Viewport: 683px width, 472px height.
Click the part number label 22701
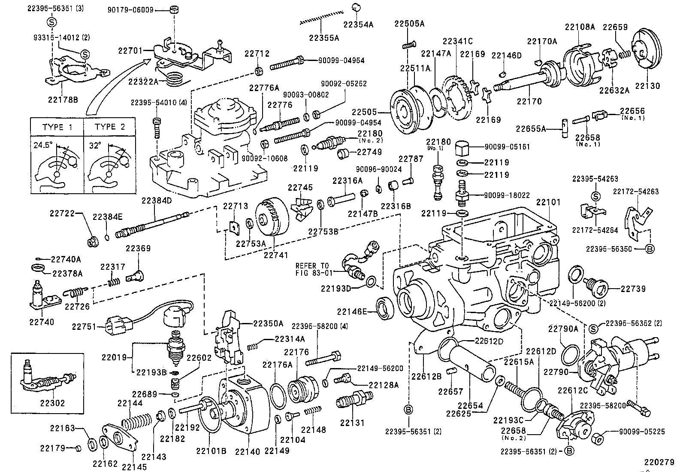pos(130,51)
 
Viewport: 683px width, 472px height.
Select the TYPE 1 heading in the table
pos(57,127)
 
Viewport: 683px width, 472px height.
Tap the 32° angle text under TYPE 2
pos(95,145)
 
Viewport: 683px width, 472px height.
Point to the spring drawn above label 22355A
pos(323,17)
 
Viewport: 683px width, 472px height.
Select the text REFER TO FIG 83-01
pos(313,269)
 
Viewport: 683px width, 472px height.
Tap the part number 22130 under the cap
pos(647,86)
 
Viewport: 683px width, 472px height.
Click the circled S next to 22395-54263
pos(595,196)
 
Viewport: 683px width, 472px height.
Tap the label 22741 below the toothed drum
pos(275,254)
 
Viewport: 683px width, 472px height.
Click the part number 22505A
pos(409,24)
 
